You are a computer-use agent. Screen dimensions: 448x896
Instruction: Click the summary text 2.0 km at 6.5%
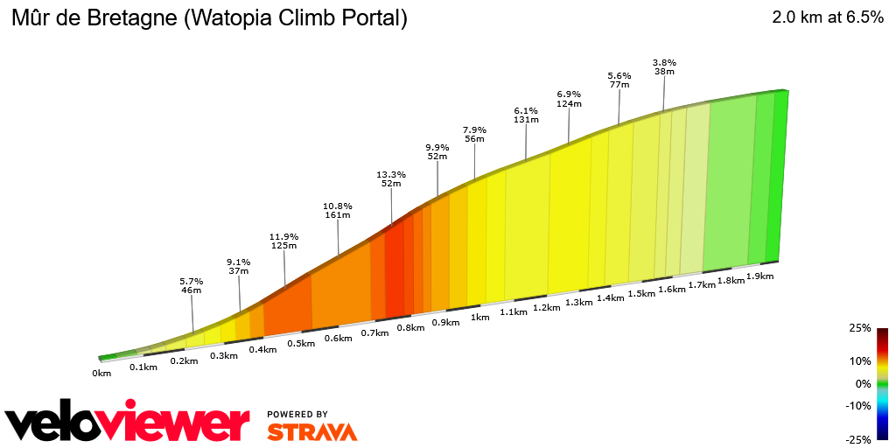827,17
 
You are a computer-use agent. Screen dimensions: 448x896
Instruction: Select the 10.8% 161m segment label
338,211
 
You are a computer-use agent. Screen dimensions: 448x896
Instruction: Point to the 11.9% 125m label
284,241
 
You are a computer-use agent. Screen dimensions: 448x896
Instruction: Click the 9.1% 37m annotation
239,266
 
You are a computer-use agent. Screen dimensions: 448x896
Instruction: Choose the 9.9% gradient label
437,152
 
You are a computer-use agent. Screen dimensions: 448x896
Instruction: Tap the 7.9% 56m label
474,134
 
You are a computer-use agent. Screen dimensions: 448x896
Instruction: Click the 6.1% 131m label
526,115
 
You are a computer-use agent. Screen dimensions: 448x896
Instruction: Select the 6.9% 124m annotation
569,99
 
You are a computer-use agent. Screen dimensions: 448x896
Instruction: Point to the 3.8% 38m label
664,66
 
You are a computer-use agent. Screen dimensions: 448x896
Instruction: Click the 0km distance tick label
101,374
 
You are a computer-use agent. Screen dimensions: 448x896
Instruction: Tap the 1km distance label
479,318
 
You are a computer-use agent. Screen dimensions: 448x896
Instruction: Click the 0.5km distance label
301,343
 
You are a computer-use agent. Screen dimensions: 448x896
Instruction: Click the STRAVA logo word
311,431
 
